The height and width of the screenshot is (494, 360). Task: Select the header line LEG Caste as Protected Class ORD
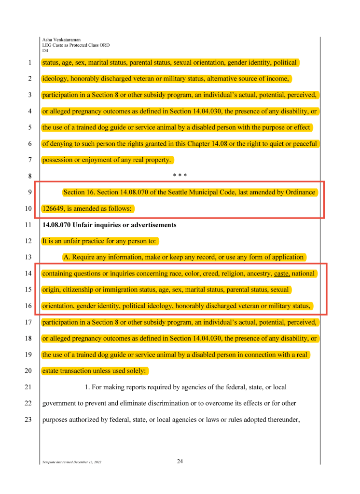76,45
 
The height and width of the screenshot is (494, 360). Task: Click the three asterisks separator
180,176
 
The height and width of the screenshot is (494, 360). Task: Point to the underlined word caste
282,274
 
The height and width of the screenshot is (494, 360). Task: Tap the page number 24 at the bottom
180,462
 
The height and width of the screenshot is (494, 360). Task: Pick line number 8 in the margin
29,176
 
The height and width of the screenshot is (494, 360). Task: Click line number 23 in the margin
28,420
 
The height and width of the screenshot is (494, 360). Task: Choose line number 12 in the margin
28,241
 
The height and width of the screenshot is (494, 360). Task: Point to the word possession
57,160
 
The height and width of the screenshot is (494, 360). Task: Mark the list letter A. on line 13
67,257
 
